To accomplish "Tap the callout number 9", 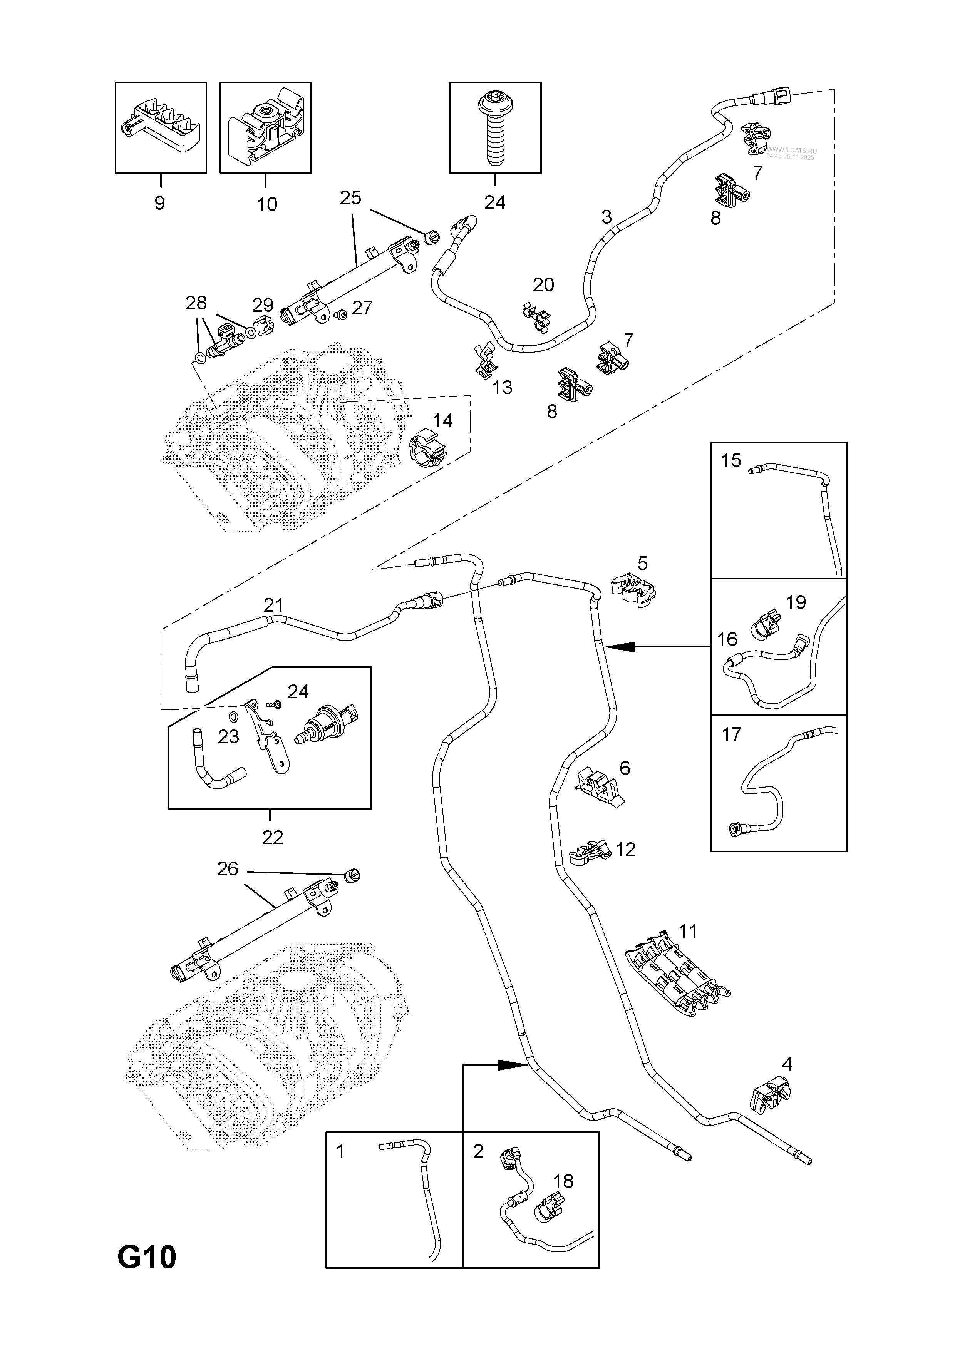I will pyautogui.click(x=159, y=203).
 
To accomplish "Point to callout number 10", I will pyautogui.click(x=267, y=204).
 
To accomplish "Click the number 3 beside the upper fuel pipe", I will pyautogui.click(x=607, y=217).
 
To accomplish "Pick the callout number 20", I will pyautogui.click(x=543, y=284).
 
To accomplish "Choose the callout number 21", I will pyautogui.click(x=273, y=605).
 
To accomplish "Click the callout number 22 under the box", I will pyautogui.click(x=272, y=837).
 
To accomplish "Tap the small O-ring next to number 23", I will pyautogui.click(x=233, y=716).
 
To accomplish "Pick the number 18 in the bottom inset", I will pyautogui.click(x=563, y=1181).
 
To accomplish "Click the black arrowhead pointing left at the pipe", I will pyautogui.click(x=623, y=647).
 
